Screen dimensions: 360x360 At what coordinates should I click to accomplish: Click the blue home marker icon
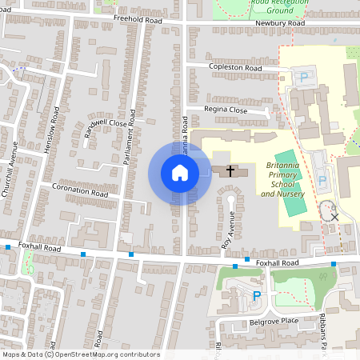tap(180, 173)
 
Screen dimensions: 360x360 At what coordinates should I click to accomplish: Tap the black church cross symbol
tap(231, 170)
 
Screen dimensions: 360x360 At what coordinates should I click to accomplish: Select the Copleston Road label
tap(235, 69)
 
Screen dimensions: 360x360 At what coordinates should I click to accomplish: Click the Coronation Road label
tap(79, 194)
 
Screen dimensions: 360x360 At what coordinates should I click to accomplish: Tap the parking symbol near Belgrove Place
tap(257, 297)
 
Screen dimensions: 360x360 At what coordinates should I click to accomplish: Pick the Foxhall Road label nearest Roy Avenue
tap(277, 262)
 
